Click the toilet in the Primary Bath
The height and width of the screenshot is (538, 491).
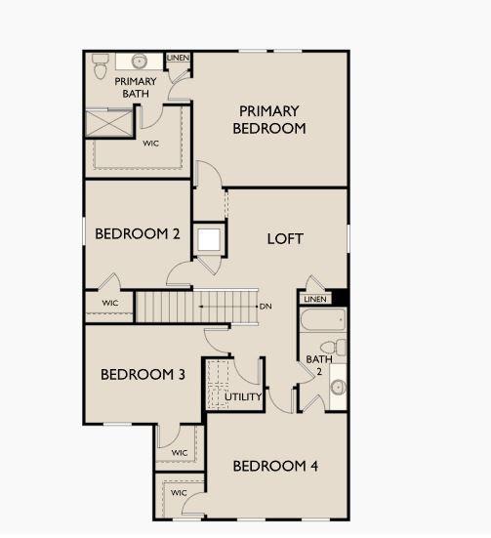pos(101,65)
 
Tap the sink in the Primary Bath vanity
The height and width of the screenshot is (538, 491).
pos(140,62)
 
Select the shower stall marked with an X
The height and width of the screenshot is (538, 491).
pos(108,122)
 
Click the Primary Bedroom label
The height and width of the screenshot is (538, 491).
pos(269,120)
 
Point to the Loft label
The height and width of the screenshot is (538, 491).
pos(285,239)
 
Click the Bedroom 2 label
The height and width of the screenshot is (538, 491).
pos(138,234)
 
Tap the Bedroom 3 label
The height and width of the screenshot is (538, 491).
pos(143,374)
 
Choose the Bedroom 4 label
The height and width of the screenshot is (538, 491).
pos(275,466)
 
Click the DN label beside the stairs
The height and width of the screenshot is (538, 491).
pos(266,306)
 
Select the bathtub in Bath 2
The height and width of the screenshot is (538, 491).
pos(322,319)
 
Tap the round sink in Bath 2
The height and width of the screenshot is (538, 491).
pos(339,388)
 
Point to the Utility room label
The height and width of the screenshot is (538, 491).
pos(243,397)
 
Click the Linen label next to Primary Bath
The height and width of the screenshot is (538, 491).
pos(178,58)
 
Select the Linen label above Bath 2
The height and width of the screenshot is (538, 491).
pos(315,299)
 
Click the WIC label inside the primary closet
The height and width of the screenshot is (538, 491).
pos(151,144)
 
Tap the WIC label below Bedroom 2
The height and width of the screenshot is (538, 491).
pos(110,303)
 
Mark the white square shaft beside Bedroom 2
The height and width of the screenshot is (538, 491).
pos(209,240)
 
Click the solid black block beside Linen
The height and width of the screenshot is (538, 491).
pos(341,298)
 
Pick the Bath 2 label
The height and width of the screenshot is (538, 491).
pos(319,365)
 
